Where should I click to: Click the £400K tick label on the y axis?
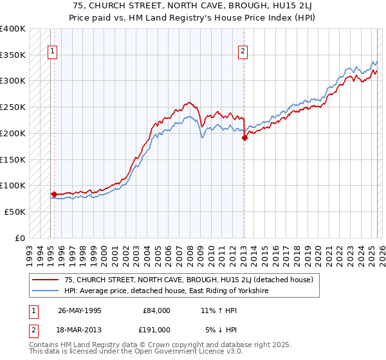click(13, 29)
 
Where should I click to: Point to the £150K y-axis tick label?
click(13, 159)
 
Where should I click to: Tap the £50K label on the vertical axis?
click(15, 211)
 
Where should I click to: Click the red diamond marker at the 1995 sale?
click(54, 194)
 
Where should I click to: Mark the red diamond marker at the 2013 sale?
click(244, 138)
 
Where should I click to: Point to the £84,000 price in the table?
click(154, 310)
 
